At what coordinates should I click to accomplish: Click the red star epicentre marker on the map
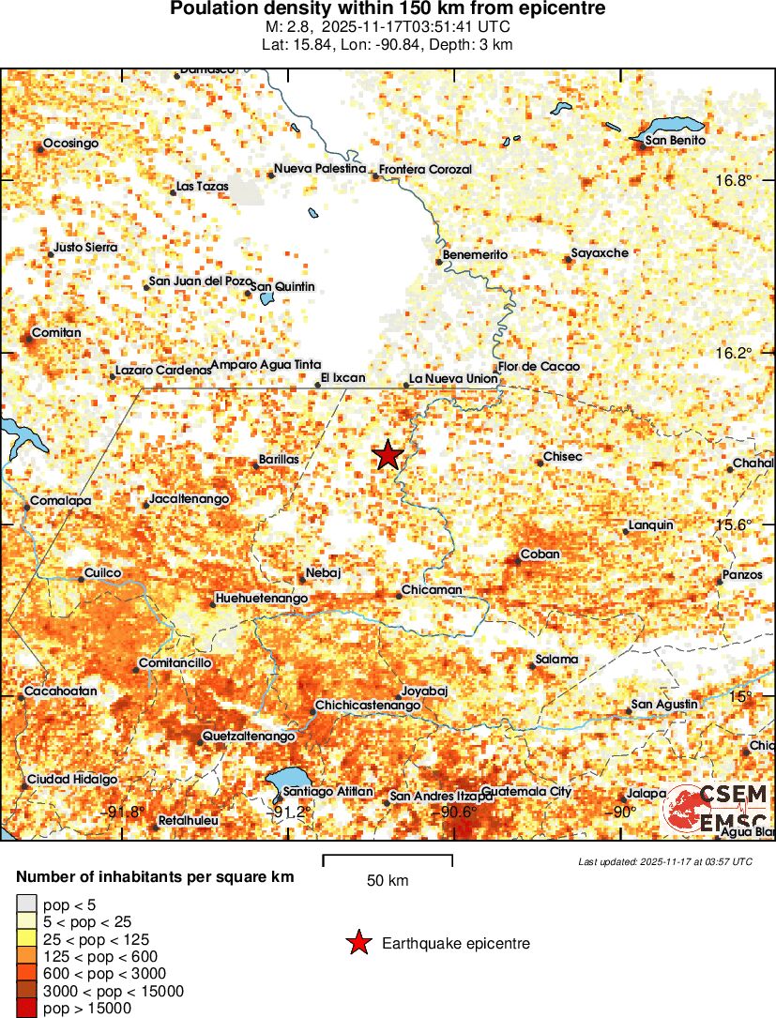(388, 455)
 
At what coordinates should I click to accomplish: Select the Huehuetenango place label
(262, 598)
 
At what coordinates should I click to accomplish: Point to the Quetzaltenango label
(249, 737)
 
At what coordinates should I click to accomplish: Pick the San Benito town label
(675, 141)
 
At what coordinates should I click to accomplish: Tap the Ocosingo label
(70, 143)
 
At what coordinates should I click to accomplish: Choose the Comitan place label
(56, 333)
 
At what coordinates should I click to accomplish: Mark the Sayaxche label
(601, 253)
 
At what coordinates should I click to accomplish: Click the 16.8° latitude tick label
(734, 180)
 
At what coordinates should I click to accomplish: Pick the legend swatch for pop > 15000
(27, 1009)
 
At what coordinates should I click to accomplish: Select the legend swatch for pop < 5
(27, 905)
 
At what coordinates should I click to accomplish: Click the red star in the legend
(358, 943)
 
